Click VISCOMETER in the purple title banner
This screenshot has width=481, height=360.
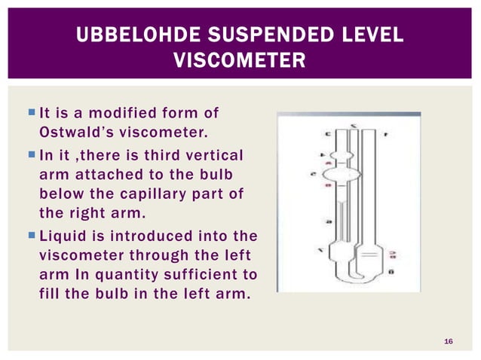point(240,59)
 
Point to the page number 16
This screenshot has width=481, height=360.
point(449,343)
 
